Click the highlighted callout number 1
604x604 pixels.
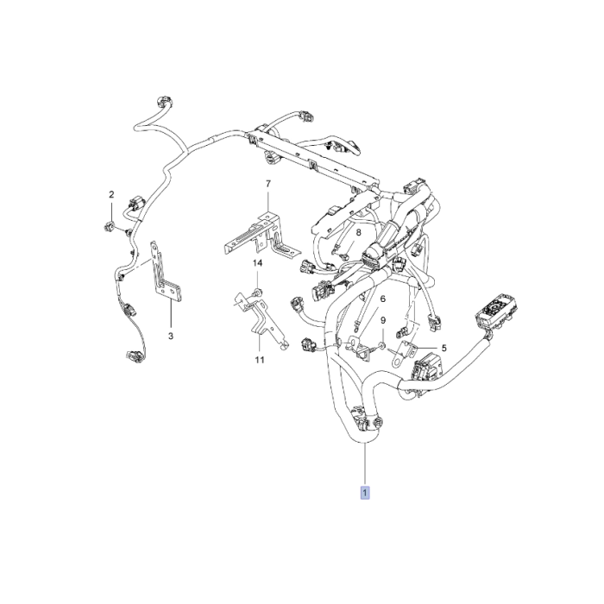366,493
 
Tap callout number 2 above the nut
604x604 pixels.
111,194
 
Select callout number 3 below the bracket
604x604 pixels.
170,335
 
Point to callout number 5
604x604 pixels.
444,349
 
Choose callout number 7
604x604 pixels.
267,184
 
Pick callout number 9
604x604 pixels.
382,321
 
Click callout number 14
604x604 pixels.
257,262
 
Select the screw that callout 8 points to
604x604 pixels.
343,256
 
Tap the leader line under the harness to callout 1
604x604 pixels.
366,466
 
